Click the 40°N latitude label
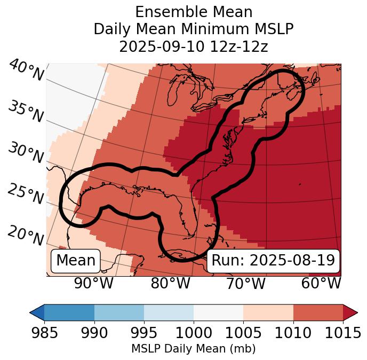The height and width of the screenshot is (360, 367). pyautogui.click(x=26, y=71)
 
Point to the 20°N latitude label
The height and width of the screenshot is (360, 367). pyautogui.click(x=26, y=236)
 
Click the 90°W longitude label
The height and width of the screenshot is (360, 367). pyautogui.click(x=93, y=283)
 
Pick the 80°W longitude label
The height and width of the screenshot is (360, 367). pyautogui.click(x=170, y=283)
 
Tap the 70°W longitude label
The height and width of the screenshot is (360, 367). pyautogui.click(x=246, y=283)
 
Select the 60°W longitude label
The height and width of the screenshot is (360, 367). pyautogui.click(x=321, y=283)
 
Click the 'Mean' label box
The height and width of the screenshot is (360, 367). pyautogui.click(x=76, y=261)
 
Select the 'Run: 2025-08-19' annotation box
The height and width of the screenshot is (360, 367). pyautogui.click(x=273, y=261)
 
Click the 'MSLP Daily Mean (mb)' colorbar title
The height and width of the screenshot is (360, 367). pyautogui.click(x=194, y=349)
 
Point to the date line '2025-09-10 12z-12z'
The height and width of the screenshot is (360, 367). pyautogui.click(x=194, y=46)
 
